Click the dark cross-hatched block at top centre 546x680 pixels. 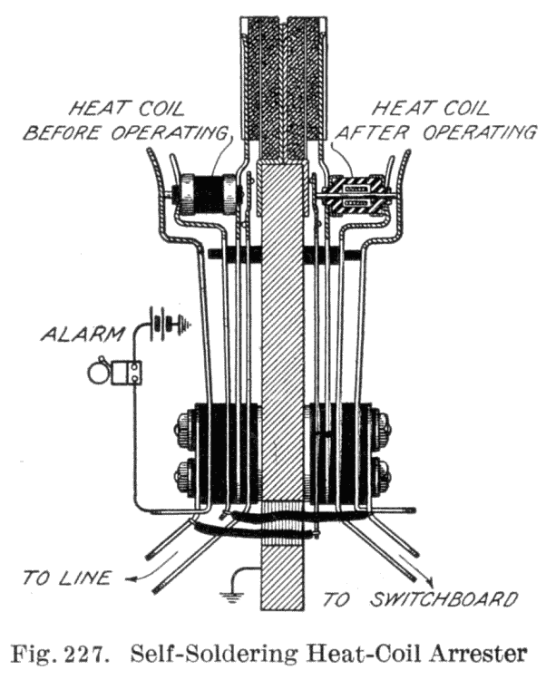[282, 86]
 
